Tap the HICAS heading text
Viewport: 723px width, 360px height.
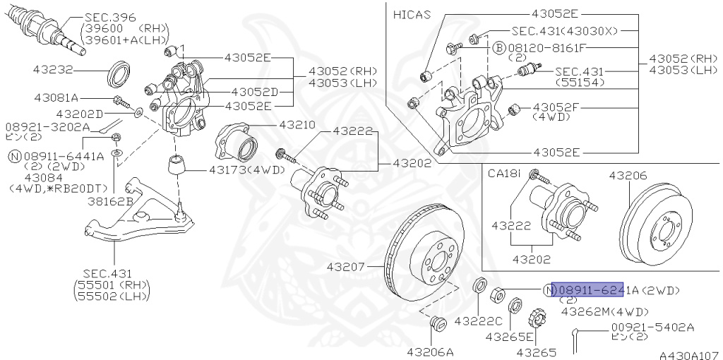point(411,13)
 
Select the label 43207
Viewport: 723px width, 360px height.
point(346,267)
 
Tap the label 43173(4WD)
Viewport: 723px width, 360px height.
point(246,169)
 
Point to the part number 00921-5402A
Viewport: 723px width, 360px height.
point(652,327)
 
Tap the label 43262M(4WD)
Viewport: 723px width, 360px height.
point(604,311)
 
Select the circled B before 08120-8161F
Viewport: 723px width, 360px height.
point(498,47)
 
